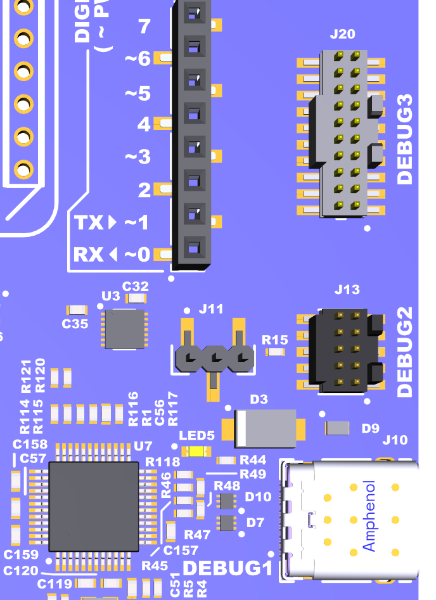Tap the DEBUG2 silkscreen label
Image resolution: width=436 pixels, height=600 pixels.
click(404, 352)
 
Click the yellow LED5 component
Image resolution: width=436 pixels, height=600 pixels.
click(196, 452)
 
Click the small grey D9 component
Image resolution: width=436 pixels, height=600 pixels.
click(337, 428)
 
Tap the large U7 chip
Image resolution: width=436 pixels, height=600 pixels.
click(94, 506)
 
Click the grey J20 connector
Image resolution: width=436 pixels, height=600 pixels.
click(345, 133)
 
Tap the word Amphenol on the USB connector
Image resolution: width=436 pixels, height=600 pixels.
click(369, 516)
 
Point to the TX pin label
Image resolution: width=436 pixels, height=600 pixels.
click(88, 223)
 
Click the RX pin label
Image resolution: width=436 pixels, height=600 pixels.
click(88, 255)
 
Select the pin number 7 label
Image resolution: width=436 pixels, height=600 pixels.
click(144, 27)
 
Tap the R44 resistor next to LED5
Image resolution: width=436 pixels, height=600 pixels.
click(227, 461)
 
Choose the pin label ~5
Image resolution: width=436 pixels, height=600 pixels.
click(138, 94)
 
